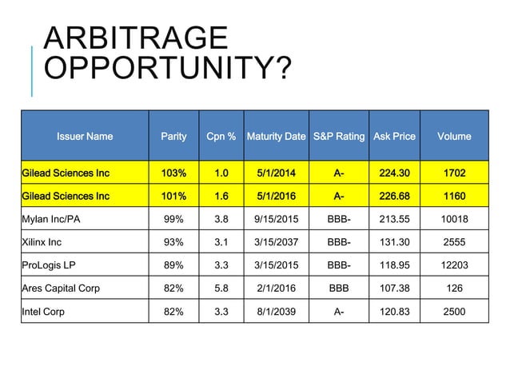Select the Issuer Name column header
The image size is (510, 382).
(84, 136)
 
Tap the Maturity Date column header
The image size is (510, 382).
(277, 136)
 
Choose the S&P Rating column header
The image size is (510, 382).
(339, 136)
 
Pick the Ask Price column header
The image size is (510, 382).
(394, 136)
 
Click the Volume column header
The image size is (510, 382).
(454, 136)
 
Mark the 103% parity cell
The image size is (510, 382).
(174, 172)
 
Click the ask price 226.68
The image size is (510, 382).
(394, 194)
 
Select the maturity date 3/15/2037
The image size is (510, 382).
(277, 241)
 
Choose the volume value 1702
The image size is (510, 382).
(454, 172)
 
